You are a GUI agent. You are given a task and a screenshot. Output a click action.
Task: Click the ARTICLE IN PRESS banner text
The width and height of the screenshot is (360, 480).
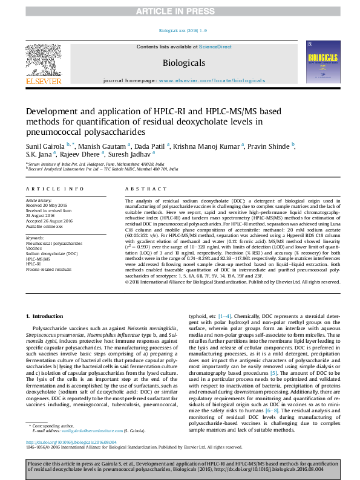tap(179, 11)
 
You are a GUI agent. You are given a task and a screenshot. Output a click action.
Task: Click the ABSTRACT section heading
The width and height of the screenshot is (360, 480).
tap(139, 190)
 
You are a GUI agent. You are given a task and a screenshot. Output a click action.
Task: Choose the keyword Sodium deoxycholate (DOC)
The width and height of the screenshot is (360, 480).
tap(51, 254)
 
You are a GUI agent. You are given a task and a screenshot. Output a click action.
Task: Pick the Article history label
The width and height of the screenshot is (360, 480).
tap(38, 199)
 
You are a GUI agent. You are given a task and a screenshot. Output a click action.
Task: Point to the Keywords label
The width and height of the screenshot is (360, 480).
tap(35, 238)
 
